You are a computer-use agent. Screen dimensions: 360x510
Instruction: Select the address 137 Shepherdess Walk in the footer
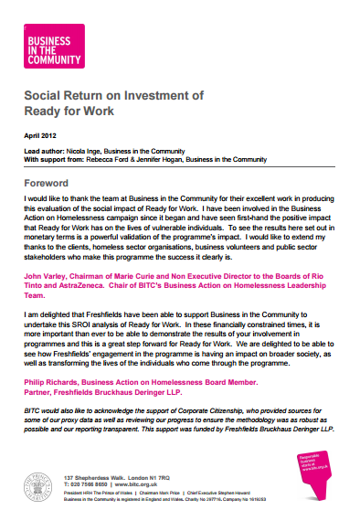pyautogui.click(x=105, y=477)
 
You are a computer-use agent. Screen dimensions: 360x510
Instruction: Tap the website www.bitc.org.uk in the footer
pyautogui.click(x=136, y=484)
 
